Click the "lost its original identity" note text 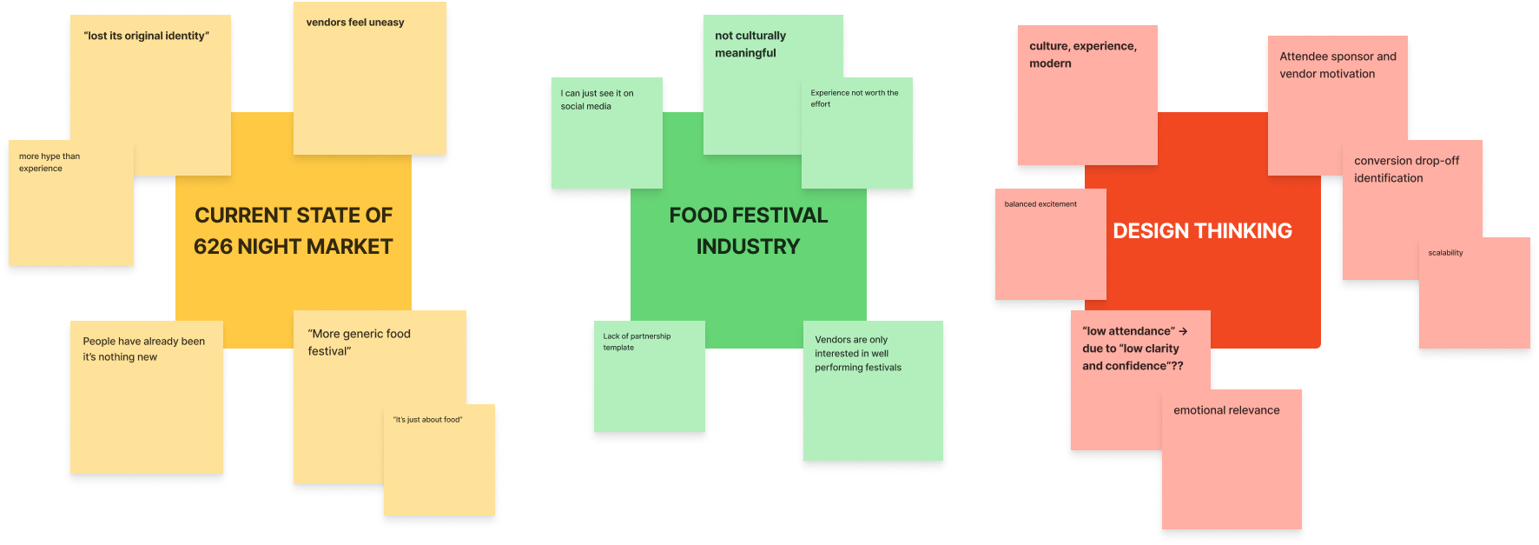(146, 36)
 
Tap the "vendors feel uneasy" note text (354, 23)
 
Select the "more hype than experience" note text (49, 163)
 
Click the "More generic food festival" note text (359, 342)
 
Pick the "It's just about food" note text (427, 420)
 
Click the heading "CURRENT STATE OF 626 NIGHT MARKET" (294, 230)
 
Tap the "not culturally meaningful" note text (750, 44)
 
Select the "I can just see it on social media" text (597, 100)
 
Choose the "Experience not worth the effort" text (854, 98)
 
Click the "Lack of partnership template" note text (637, 342)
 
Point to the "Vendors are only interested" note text (857, 354)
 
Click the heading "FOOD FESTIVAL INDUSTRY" (748, 230)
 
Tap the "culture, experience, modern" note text (1082, 55)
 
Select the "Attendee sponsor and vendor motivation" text (1338, 65)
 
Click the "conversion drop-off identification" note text (1406, 169)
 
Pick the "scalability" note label (1445, 253)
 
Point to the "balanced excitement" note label (1040, 204)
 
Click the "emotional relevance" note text (1226, 410)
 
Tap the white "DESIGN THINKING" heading (1202, 230)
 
